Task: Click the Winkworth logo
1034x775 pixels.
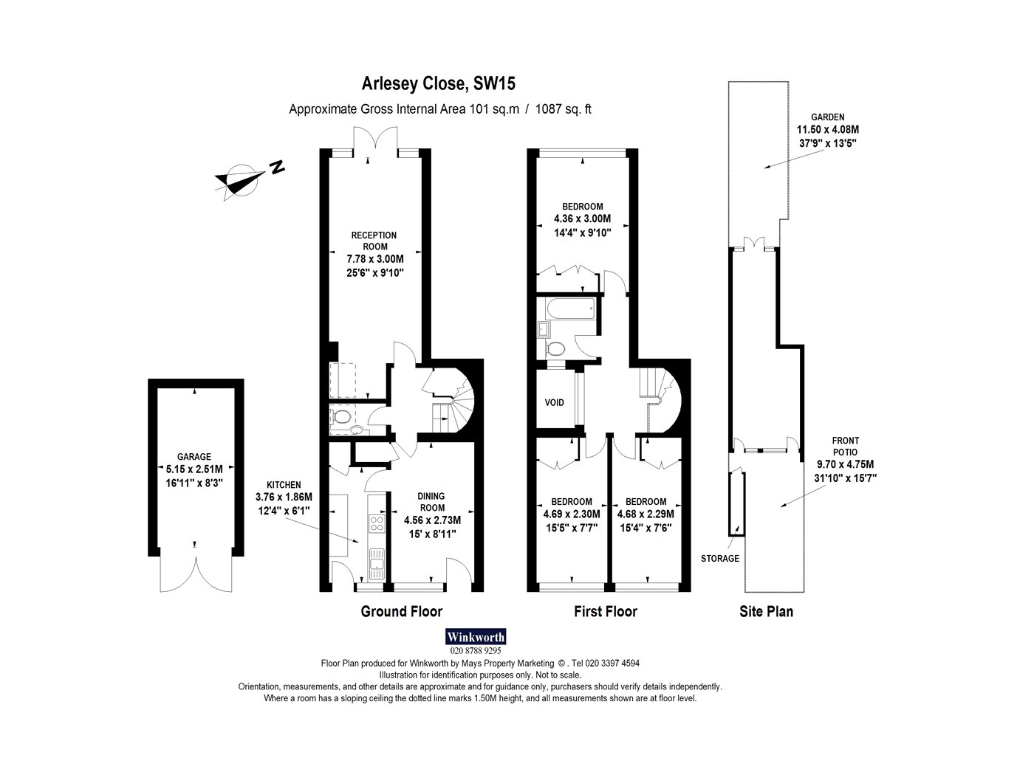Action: point(476,637)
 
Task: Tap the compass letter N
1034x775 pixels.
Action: point(277,167)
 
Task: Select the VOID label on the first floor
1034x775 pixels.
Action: point(554,403)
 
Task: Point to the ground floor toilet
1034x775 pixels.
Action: point(340,416)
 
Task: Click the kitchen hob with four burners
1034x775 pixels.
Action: point(377,524)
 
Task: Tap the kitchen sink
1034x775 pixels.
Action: point(377,564)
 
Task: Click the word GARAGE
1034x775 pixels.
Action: point(194,456)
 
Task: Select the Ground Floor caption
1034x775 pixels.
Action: point(401,611)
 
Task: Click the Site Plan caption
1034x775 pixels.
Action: point(766,611)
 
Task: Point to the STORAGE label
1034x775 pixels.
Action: point(720,559)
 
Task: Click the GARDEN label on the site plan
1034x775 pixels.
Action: point(828,117)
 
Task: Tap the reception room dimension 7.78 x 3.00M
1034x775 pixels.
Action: point(375,259)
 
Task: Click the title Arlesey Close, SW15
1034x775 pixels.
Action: point(438,83)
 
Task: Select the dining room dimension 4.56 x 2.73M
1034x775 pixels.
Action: point(433,520)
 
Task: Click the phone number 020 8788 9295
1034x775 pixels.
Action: point(476,651)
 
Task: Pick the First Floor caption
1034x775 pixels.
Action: point(606,611)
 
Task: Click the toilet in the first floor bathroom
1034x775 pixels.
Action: point(555,349)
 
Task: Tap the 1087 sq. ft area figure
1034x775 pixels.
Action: point(564,109)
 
